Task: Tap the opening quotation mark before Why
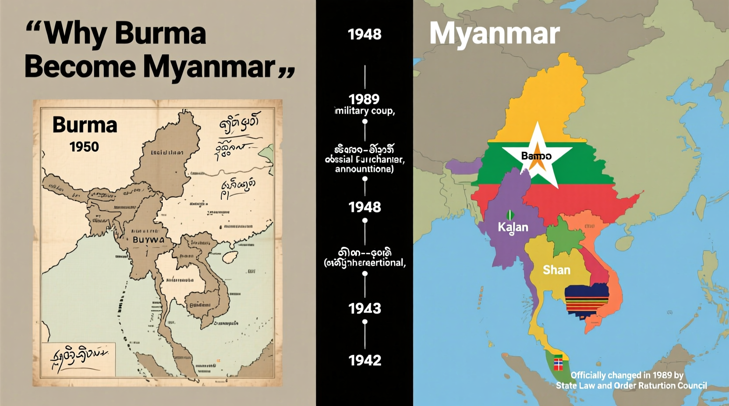tap(35, 30)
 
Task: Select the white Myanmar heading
tap(494, 33)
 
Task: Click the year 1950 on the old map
tap(84, 147)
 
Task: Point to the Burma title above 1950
tap(85, 125)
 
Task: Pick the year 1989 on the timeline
tap(364, 99)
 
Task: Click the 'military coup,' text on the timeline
tap(365, 111)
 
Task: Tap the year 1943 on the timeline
tap(364, 308)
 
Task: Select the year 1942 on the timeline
tap(364, 360)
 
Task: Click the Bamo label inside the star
tap(536, 156)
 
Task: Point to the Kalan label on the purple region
tap(513, 227)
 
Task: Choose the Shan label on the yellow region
tap(556, 270)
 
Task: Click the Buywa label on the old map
tap(149, 240)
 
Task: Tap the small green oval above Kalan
tap(510, 215)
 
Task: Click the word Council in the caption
tap(692, 385)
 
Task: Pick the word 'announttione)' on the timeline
tap(364, 169)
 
